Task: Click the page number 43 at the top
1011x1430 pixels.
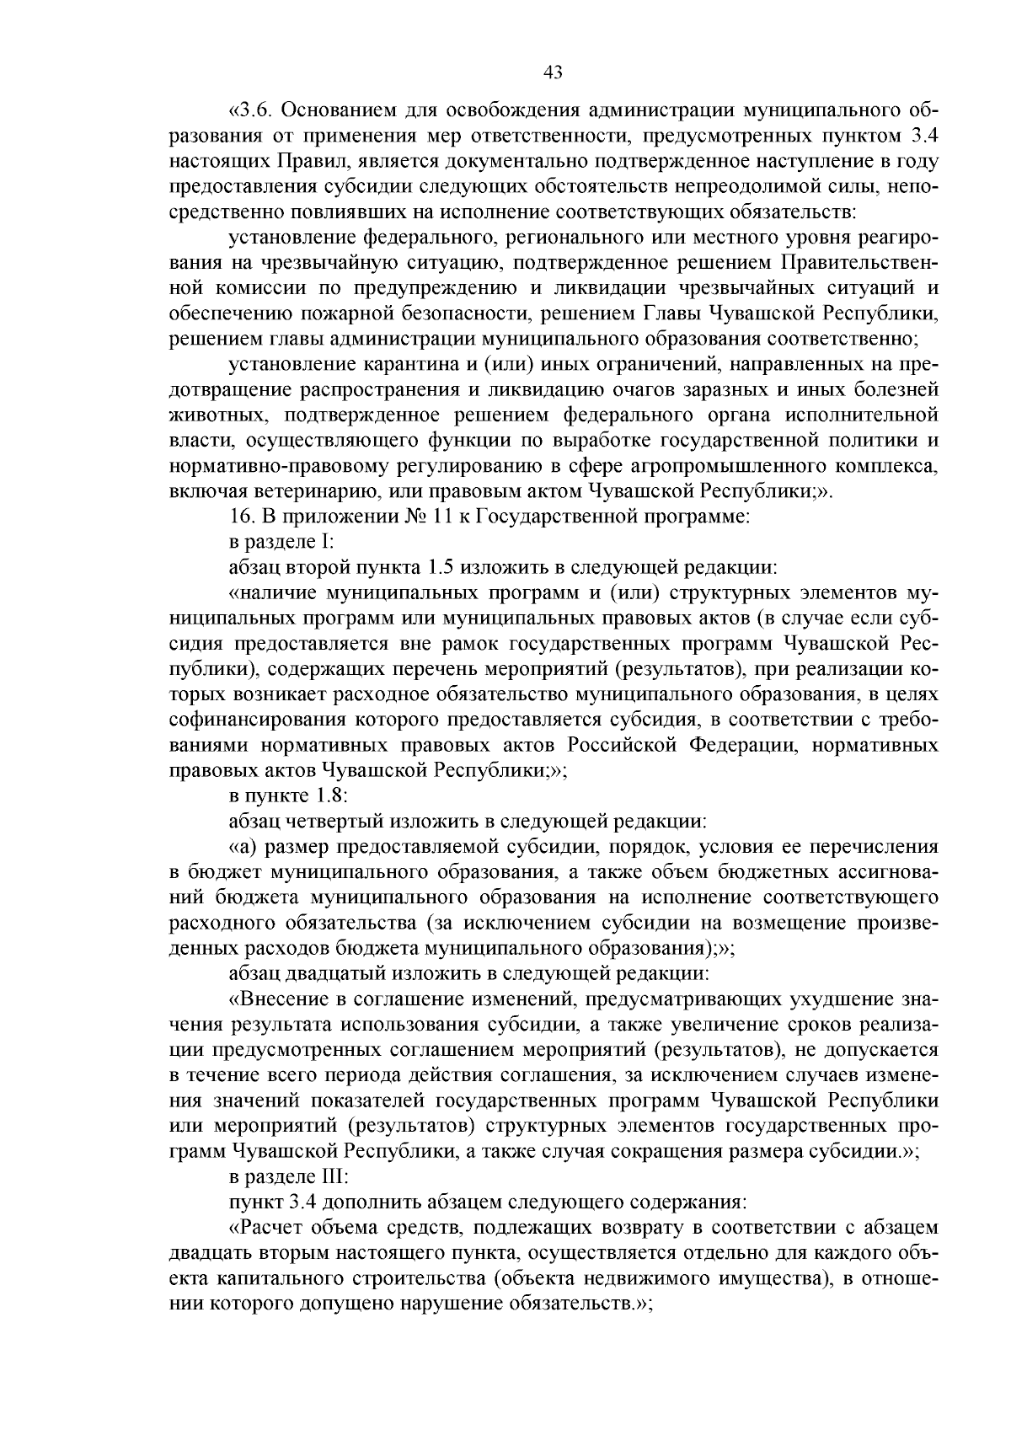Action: click(554, 72)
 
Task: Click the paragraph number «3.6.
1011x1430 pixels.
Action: click(250, 110)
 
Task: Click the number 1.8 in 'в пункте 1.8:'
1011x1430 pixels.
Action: click(327, 795)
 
